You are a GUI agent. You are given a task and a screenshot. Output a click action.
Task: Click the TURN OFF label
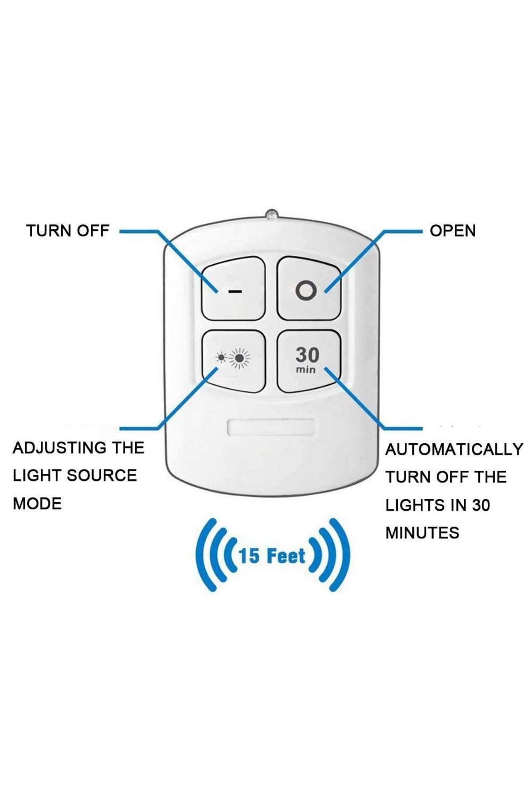pos(67,231)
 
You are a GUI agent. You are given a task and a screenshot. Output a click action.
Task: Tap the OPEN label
pos(452,231)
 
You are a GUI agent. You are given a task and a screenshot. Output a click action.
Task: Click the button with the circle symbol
pos(309,288)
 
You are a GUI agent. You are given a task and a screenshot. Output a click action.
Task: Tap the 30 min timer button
pos(309,361)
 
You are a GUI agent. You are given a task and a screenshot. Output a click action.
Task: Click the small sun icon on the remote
pos(221,357)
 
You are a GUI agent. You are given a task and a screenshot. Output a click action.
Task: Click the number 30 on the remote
pos(307,355)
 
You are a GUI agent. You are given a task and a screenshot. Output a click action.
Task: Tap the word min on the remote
pos(306,370)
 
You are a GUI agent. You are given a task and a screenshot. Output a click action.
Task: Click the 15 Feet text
pos(272,556)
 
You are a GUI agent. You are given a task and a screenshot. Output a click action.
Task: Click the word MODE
pos(37,504)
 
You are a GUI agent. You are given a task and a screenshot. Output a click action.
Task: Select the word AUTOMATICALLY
pos(454,450)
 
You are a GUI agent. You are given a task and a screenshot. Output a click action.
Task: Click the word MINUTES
pos(422,533)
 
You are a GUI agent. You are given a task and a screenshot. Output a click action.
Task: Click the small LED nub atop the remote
pos(271,214)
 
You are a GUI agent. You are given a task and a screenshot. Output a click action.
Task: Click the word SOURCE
pos(102,476)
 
